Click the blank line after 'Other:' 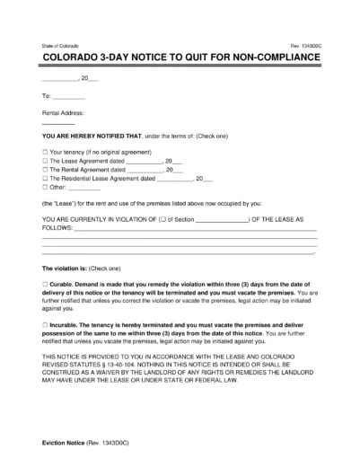point(85,188)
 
